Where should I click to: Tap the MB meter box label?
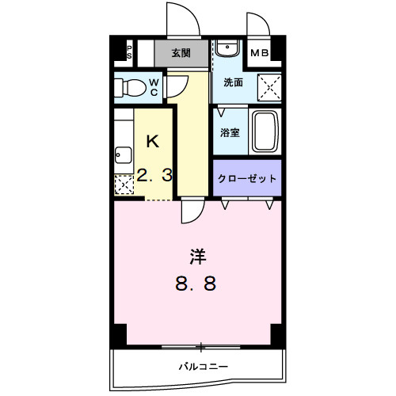[259, 54]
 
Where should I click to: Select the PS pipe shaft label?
[129, 51]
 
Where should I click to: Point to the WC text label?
[154, 86]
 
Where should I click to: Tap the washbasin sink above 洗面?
[227, 49]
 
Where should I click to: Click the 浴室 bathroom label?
[230, 131]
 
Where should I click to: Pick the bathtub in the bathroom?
[264, 131]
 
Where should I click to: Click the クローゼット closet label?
[247, 178]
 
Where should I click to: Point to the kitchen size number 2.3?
[154, 177]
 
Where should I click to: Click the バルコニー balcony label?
[203, 367]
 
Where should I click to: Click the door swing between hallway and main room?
[191, 211]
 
